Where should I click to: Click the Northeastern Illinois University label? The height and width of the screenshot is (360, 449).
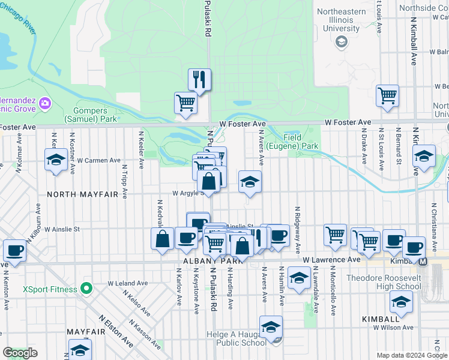pyautogui.click(x=341, y=19)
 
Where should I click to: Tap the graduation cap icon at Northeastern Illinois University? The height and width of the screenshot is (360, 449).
pyautogui.click(x=342, y=41)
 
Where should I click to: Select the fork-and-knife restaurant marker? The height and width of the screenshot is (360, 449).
pyautogui.click(x=199, y=79)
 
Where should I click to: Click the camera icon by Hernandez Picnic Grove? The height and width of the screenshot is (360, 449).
pyautogui.click(x=44, y=104)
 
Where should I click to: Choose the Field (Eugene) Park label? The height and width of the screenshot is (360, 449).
pyautogui.click(x=300, y=141)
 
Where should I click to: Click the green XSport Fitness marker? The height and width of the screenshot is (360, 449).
pyautogui.click(x=86, y=290)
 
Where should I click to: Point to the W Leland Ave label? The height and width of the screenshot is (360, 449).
pyautogui.click(x=127, y=283)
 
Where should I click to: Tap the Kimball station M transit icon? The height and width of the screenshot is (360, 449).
pyautogui.click(x=423, y=261)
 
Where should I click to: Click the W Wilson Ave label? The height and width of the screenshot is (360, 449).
pyautogui.click(x=393, y=328)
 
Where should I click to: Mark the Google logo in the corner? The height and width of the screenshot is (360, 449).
pyautogui.click(x=20, y=353)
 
